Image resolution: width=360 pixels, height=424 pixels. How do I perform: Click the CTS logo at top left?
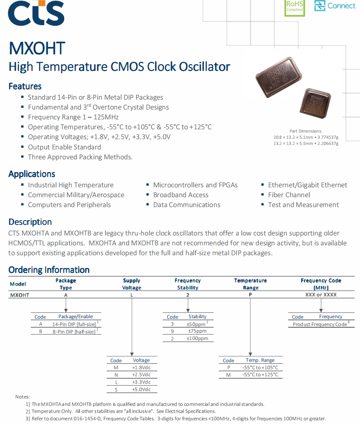[36, 13]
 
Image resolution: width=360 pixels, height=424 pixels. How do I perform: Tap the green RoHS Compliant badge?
[295, 7]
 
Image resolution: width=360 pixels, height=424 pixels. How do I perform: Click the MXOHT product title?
[37, 49]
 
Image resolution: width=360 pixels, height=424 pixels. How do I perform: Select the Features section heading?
[25, 86]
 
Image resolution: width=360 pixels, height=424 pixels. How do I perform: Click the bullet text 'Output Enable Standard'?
[64, 147]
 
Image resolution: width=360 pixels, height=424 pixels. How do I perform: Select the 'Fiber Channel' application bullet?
[289, 195]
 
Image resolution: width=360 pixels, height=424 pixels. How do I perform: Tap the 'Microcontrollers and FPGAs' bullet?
[195, 185]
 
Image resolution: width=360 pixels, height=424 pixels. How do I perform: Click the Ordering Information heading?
[49, 270]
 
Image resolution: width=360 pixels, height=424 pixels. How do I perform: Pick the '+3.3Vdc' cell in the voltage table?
[141, 382]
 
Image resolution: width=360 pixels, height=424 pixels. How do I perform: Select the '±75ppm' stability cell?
[197, 331]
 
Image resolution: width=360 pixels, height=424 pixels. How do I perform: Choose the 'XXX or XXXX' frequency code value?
[321, 295]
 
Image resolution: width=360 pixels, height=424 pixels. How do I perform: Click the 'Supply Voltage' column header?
[132, 284]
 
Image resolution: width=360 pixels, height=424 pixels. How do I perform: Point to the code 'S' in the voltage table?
[116, 389]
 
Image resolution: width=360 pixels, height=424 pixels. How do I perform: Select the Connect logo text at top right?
[341, 6]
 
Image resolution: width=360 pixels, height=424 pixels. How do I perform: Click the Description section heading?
[30, 222]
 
